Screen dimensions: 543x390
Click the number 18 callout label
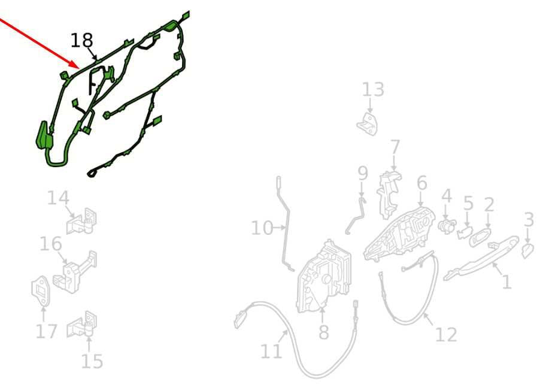(82, 41)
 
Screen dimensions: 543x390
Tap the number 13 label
(373, 90)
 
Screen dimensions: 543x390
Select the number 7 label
(395, 148)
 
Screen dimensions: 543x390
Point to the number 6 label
(422, 183)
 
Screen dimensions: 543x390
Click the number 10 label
(262, 228)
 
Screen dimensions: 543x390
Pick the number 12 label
(445, 335)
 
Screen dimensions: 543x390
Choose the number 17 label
(47, 331)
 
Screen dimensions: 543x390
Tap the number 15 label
(92, 362)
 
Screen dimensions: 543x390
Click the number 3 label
(529, 220)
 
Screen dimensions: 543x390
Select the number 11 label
(271, 352)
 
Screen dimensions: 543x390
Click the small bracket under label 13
(368, 123)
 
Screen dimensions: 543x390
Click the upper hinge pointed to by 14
(82, 222)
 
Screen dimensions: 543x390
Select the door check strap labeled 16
(74, 272)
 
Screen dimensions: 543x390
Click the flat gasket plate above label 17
(41, 291)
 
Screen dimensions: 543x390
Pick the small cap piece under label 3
(527, 251)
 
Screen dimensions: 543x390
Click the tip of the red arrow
(79, 68)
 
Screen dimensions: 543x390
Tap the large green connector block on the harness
(44, 136)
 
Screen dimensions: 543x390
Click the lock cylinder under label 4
(447, 226)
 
